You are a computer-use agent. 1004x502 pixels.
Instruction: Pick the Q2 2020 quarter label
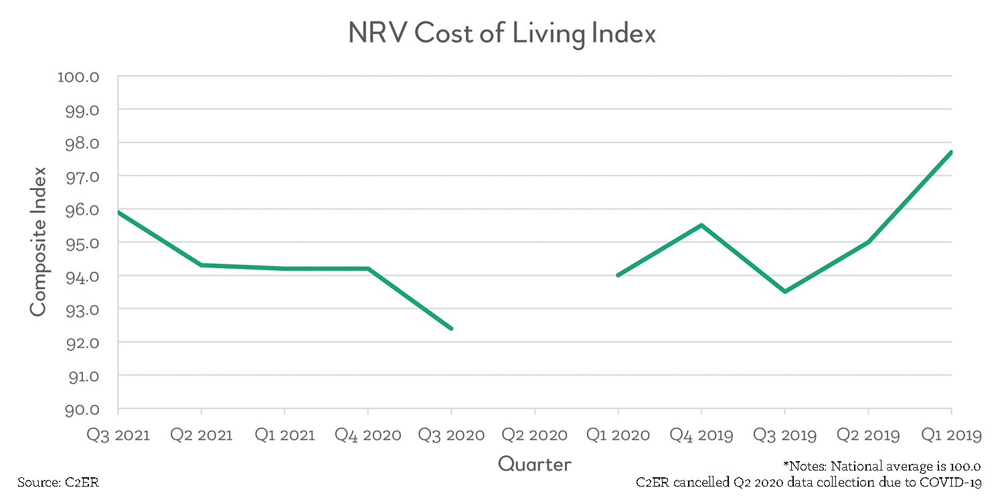coord(534,435)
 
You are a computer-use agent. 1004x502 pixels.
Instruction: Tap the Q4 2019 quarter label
coord(701,435)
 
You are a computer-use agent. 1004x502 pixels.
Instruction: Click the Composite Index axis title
coord(38,242)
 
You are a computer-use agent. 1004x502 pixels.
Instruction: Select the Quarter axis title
coord(534,464)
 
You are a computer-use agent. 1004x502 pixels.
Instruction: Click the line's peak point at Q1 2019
coord(951,152)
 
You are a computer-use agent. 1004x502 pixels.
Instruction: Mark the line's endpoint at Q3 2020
coord(451,329)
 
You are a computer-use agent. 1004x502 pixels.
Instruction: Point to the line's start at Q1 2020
coord(618,275)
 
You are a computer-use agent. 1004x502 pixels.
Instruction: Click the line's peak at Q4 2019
coord(701,225)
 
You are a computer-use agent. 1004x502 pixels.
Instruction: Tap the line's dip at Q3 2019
coord(784,292)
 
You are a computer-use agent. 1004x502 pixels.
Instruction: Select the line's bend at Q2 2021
coord(201,265)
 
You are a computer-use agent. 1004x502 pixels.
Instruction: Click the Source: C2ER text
coord(58,483)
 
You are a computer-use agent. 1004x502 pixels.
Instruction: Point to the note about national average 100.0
coord(882,466)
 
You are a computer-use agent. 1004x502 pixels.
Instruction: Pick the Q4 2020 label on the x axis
coord(367,435)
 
